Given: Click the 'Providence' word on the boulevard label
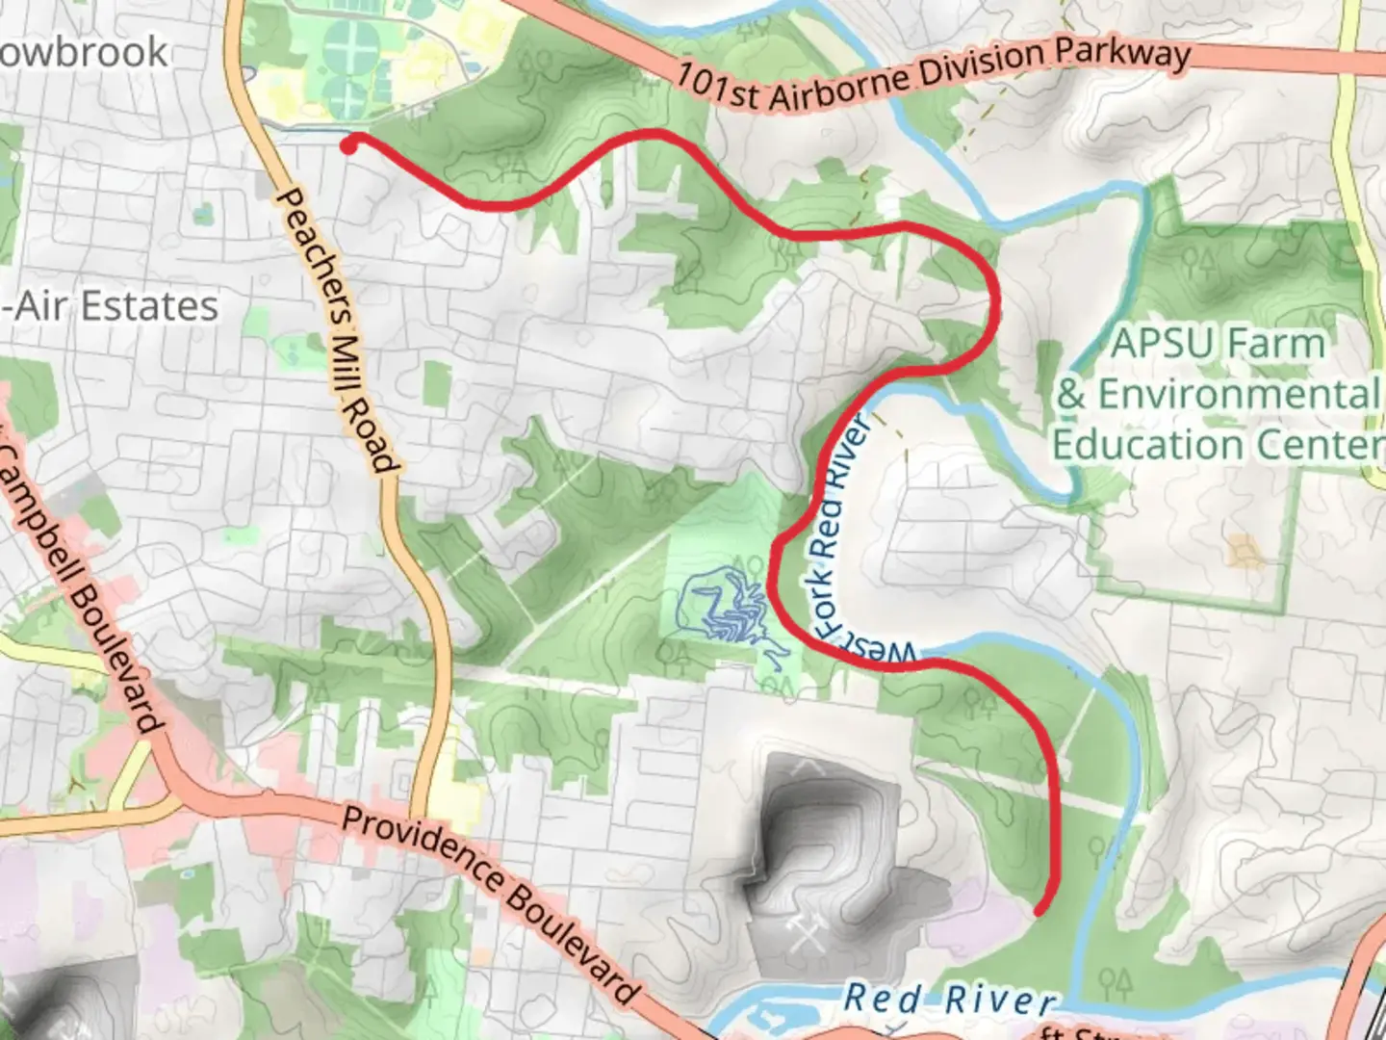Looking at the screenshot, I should click(x=418, y=847).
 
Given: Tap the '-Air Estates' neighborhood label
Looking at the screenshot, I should click(x=111, y=307).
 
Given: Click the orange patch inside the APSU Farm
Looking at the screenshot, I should click(x=1245, y=552).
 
